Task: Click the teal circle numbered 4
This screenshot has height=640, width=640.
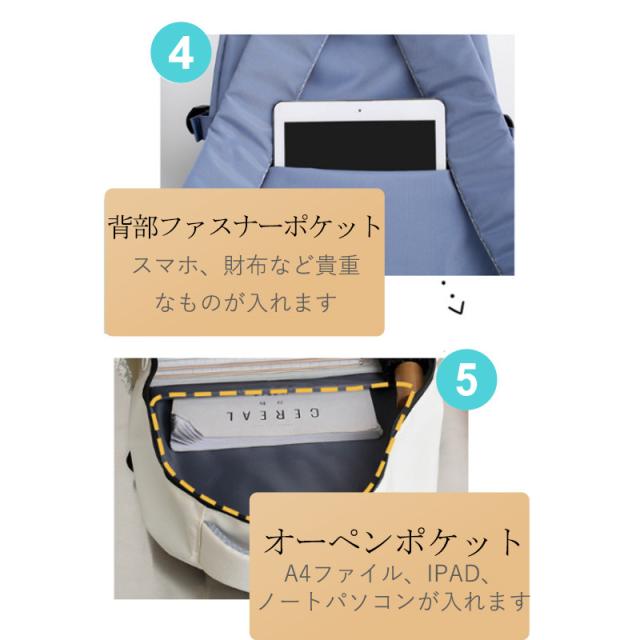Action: point(181,52)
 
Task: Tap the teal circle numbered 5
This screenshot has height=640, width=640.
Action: point(466,380)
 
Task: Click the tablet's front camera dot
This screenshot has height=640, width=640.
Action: point(360,110)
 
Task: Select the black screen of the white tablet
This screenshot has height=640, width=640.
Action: point(360,144)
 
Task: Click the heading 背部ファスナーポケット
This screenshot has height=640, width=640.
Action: point(244,227)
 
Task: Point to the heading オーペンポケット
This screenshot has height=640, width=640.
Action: point(392,541)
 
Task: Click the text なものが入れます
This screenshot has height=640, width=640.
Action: point(246,302)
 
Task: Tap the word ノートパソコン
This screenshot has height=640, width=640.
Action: point(337,602)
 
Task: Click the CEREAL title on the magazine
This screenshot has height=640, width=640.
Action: point(273,414)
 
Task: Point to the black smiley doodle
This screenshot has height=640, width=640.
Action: point(453,298)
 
